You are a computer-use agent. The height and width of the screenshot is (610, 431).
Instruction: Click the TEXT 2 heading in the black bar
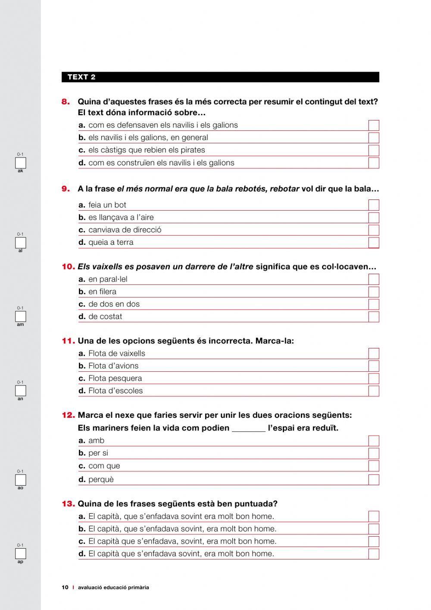(x=81, y=77)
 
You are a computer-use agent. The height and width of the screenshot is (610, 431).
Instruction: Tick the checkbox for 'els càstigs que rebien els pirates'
(x=374, y=150)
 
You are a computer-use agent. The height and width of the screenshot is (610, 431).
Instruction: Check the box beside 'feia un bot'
(x=374, y=205)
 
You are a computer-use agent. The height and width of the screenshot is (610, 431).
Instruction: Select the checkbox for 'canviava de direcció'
(x=374, y=230)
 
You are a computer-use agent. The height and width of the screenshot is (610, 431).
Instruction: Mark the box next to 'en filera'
(x=374, y=292)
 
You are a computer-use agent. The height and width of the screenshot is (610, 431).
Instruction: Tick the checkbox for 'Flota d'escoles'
(x=374, y=391)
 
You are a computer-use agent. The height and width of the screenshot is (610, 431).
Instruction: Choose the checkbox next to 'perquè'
(x=374, y=480)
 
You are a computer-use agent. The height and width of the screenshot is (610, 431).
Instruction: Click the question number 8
(x=66, y=102)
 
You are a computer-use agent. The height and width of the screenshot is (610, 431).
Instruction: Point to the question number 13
(x=68, y=504)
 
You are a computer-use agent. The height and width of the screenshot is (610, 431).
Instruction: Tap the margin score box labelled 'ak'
(x=21, y=163)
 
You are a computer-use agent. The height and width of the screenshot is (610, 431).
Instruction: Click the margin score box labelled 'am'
(x=21, y=317)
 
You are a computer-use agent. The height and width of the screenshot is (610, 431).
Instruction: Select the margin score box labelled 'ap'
(x=21, y=554)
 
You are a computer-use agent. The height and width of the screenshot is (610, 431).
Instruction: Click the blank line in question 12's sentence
(x=249, y=429)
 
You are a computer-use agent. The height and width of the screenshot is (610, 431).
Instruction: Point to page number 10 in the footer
(x=65, y=588)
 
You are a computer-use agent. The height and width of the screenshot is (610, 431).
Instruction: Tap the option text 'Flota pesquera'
(x=115, y=379)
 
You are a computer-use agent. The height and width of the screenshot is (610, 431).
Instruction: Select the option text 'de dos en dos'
(x=114, y=304)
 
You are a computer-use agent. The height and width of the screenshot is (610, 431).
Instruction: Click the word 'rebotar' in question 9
(x=284, y=189)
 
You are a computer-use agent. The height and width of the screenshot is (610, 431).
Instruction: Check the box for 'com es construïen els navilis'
(x=374, y=163)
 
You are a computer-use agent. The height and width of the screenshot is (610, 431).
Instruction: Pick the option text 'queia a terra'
(x=111, y=243)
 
